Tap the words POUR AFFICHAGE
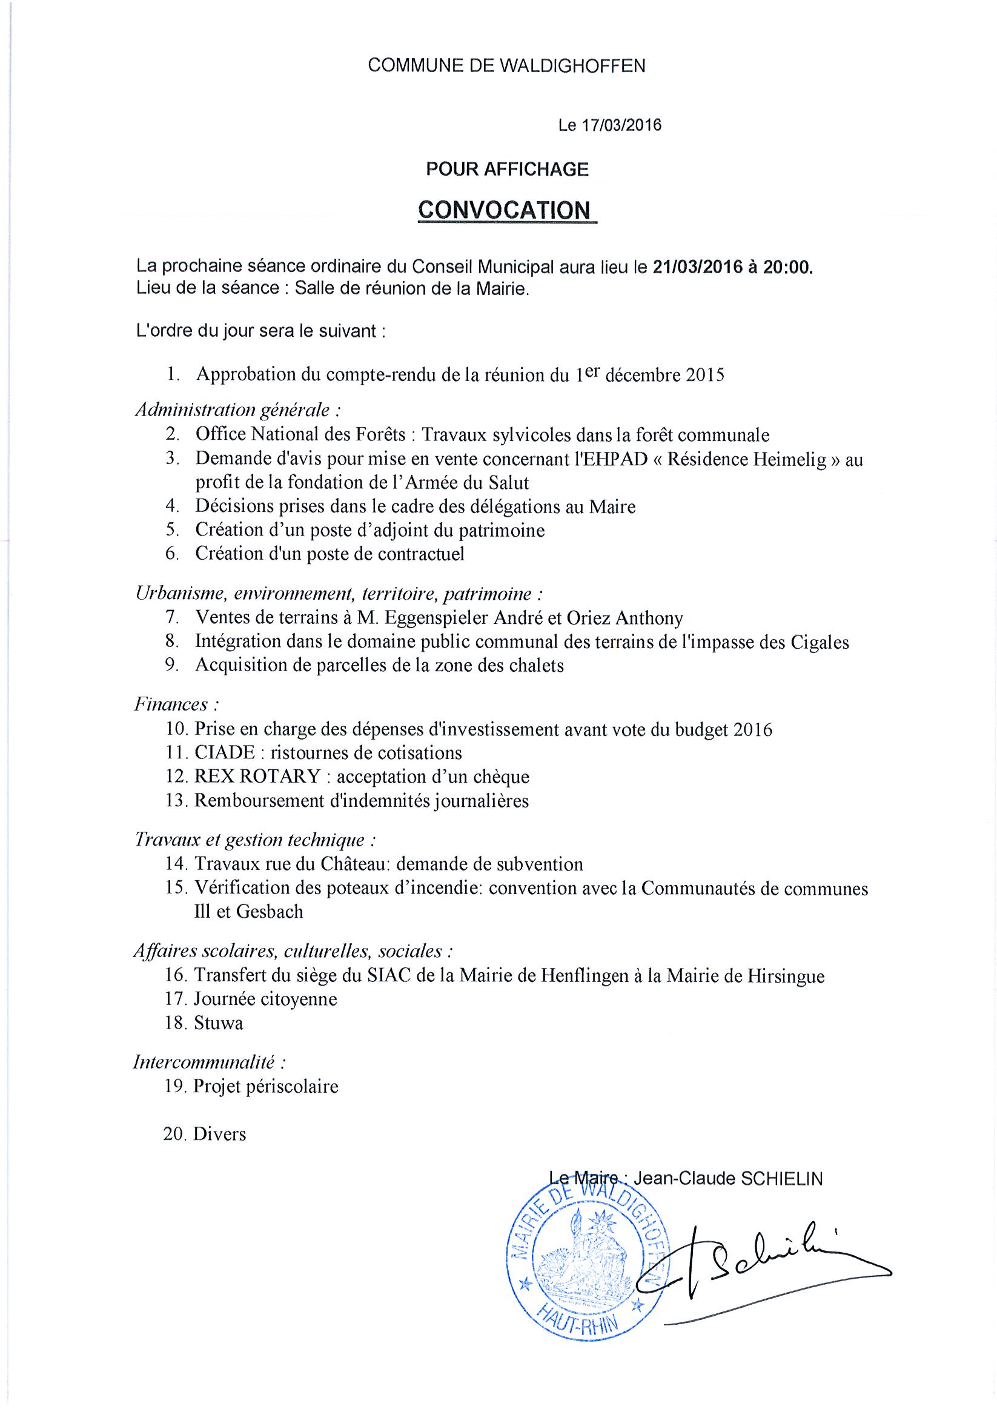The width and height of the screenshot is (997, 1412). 507,168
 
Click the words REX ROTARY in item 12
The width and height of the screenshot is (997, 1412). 257,777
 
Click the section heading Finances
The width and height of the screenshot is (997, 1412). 171,704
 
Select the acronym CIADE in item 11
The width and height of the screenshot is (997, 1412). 225,753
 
